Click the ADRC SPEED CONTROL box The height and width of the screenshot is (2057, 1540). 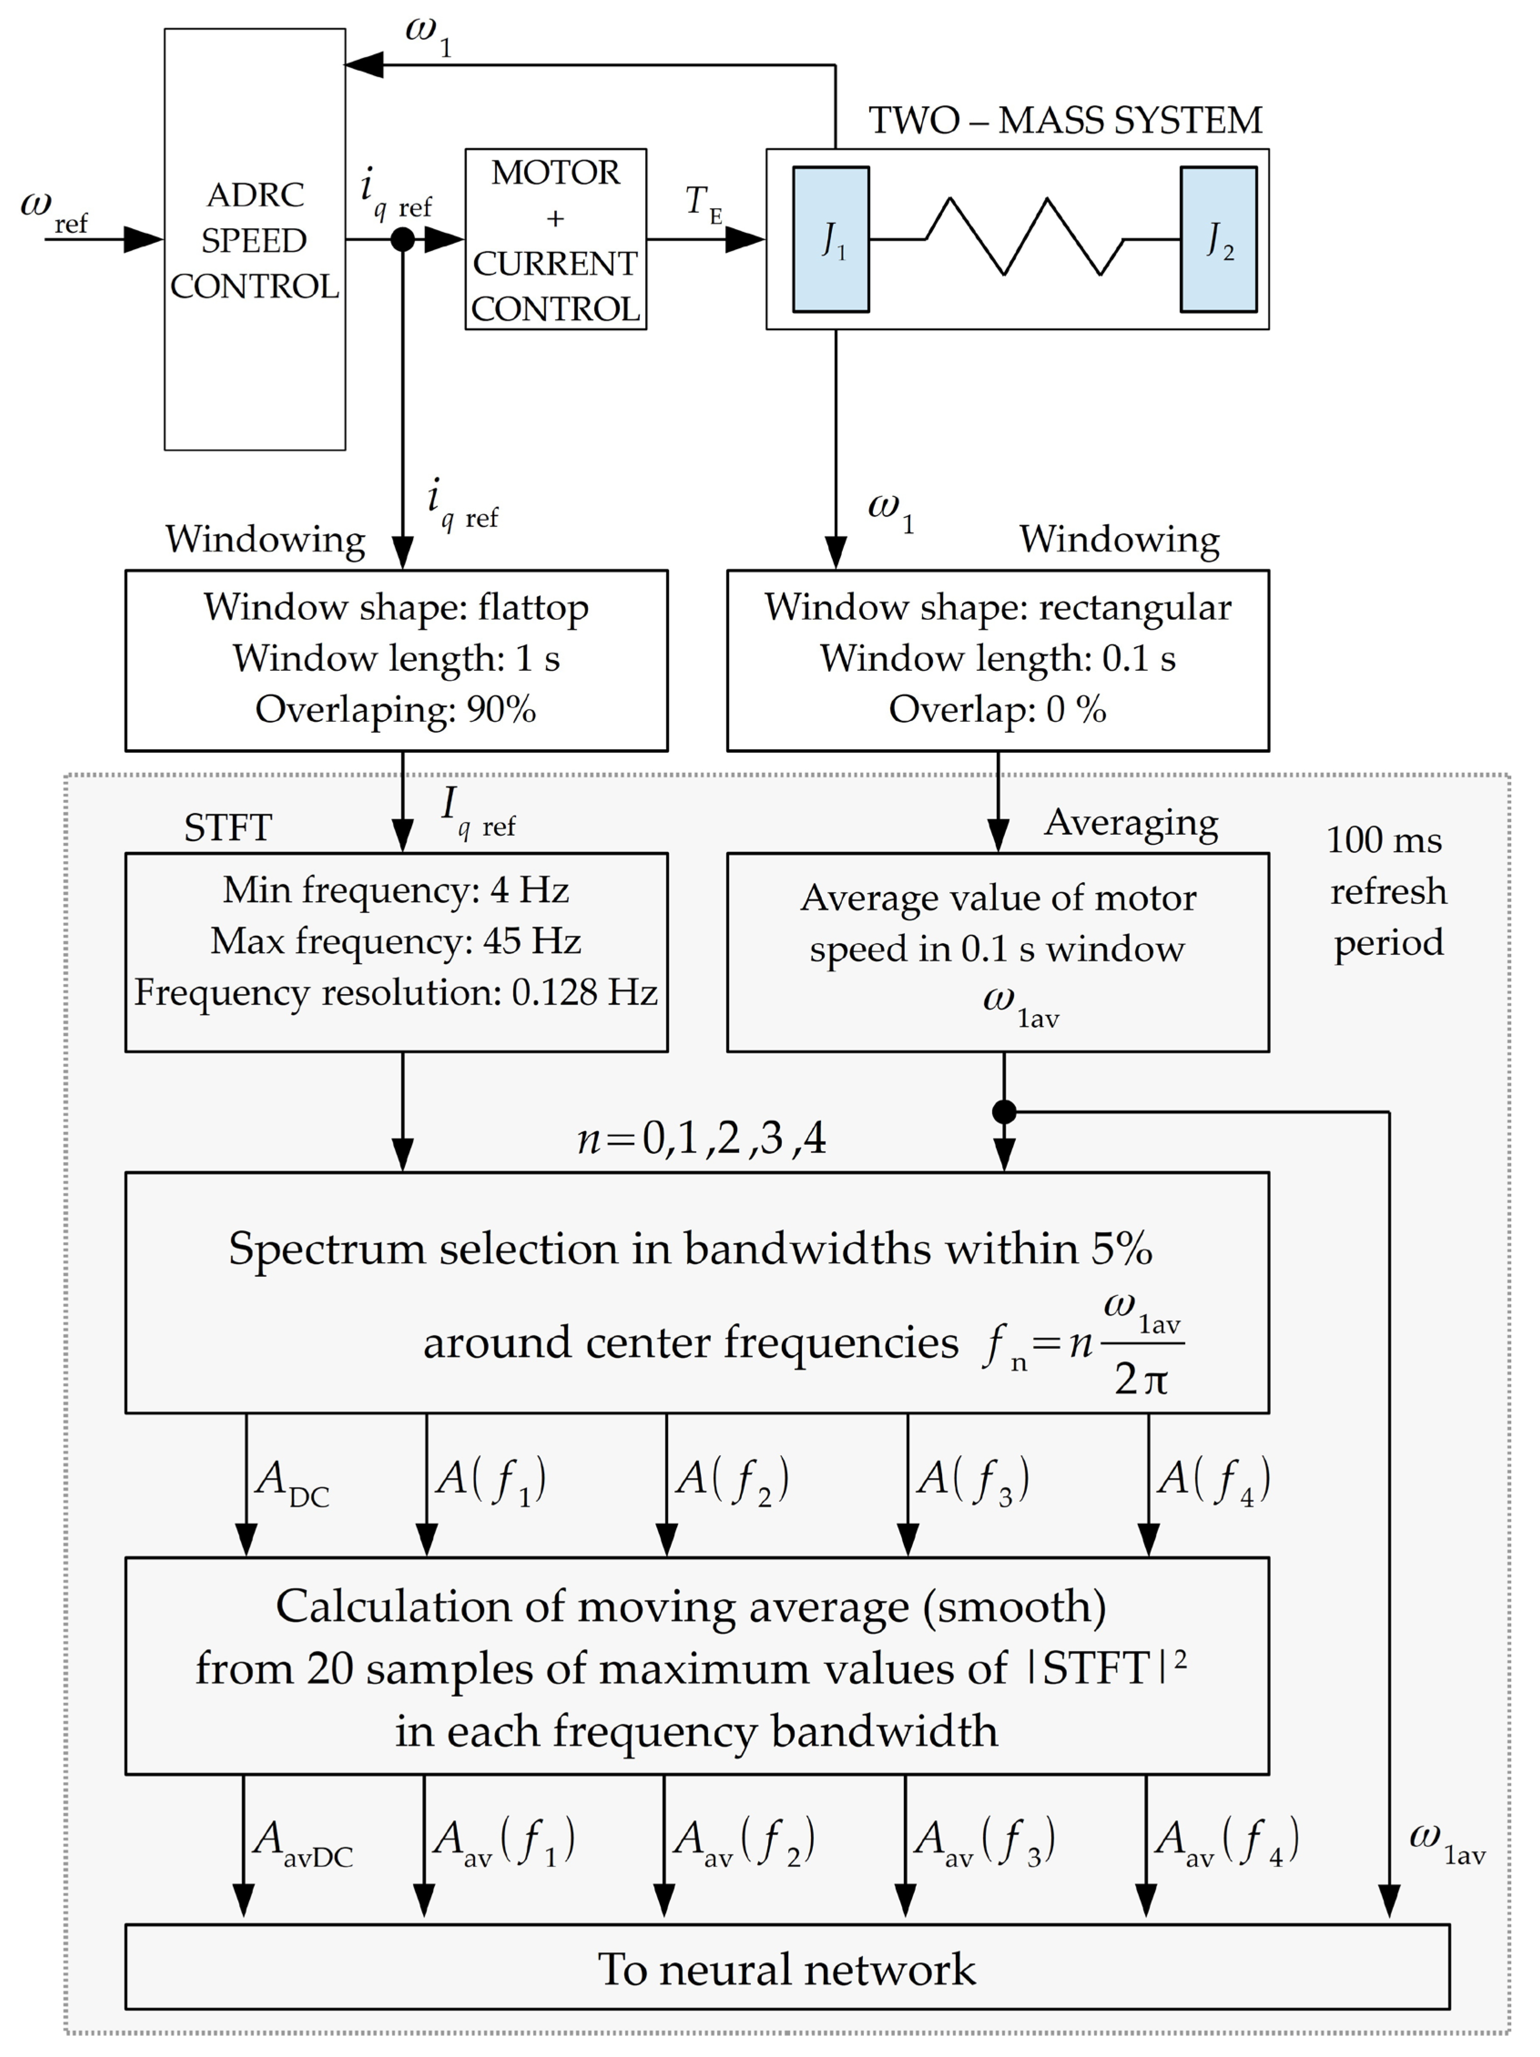(255, 240)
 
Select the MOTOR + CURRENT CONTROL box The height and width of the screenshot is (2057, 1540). (555, 240)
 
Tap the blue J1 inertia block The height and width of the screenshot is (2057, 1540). (831, 240)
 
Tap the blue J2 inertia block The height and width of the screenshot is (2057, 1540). (1218, 240)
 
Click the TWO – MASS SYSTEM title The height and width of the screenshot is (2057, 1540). (1065, 121)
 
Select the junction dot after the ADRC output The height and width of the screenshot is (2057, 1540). (403, 240)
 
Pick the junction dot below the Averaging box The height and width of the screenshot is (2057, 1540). (1005, 1111)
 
